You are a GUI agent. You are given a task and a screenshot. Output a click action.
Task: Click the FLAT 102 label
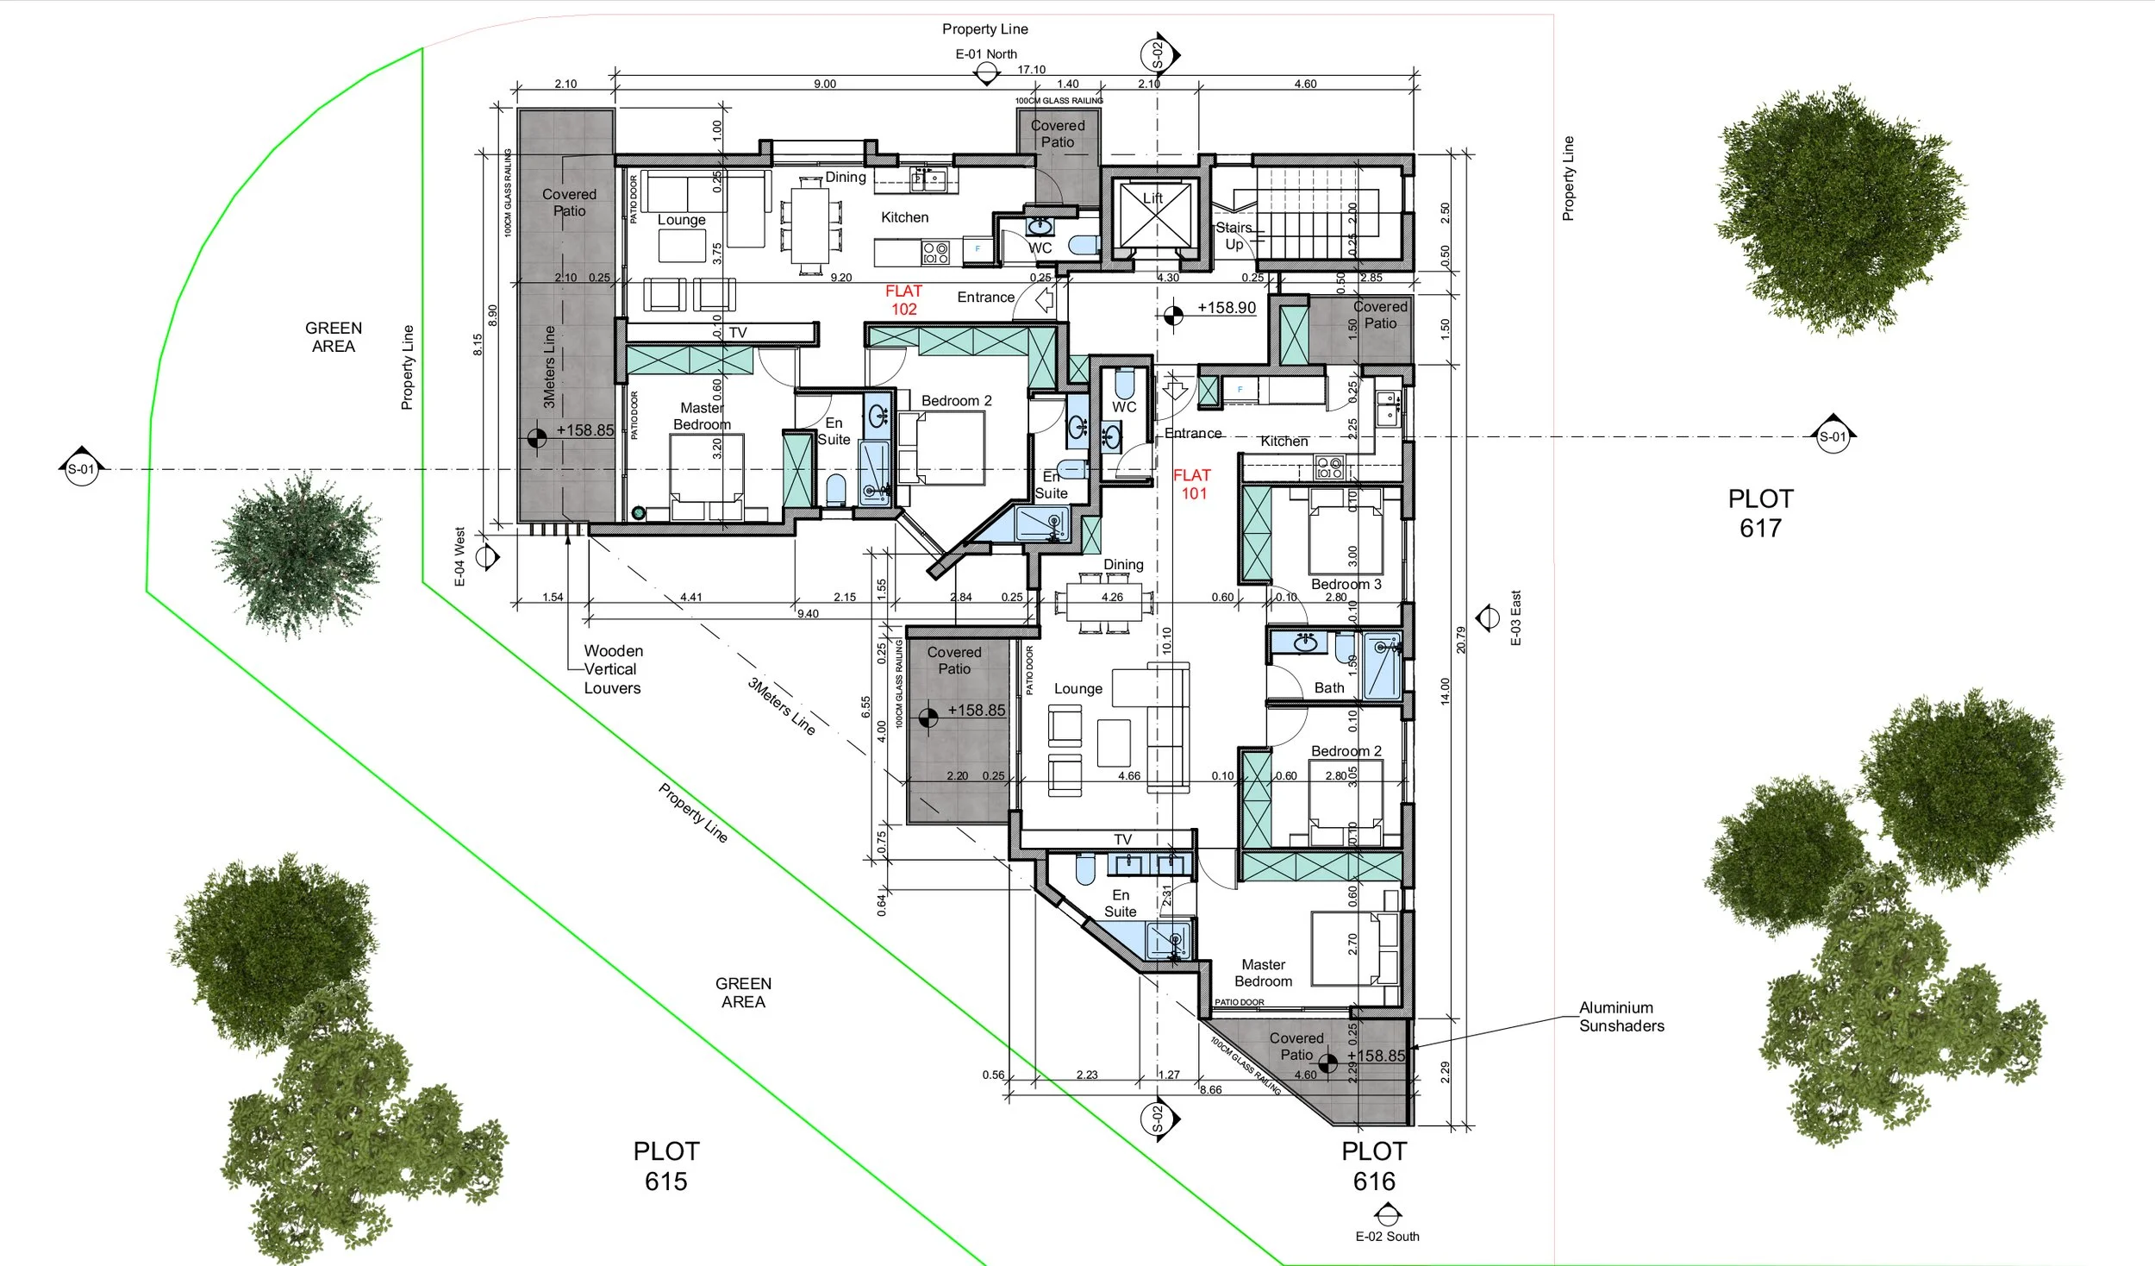[x=903, y=300]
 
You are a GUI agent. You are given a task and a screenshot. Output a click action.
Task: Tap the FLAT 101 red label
[x=1192, y=485]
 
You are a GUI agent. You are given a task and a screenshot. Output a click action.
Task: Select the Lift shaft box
[x=1153, y=213]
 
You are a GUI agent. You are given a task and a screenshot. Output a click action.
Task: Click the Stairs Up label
[x=1234, y=235]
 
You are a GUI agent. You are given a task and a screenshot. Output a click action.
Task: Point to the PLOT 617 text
[x=1760, y=513]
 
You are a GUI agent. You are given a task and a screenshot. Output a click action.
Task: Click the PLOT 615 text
[x=666, y=1166]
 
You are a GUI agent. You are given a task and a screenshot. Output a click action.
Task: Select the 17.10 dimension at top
[x=1031, y=70]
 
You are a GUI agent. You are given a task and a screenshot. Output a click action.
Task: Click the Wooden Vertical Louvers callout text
[x=613, y=669]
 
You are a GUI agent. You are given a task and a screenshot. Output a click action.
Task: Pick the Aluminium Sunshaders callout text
[x=1621, y=1017]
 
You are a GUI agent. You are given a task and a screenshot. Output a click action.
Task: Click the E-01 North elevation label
[x=985, y=54]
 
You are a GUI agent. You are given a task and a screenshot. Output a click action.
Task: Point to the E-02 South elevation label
[x=1386, y=1236]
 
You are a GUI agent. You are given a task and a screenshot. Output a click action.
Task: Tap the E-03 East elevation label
[x=1515, y=617]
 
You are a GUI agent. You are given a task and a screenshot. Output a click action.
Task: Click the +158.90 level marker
[x=1226, y=308]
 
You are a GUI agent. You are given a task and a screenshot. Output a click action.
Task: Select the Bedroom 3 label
[x=1345, y=585]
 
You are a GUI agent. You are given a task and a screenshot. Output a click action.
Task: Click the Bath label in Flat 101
[x=1328, y=688]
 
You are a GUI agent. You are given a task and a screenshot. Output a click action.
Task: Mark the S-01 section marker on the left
[x=82, y=469]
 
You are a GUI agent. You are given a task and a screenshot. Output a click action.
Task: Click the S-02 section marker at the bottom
[x=1158, y=1119]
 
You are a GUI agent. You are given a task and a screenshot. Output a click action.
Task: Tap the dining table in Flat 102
[x=810, y=227]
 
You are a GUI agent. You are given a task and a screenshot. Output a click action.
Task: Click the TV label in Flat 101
[x=1122, y=839]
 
